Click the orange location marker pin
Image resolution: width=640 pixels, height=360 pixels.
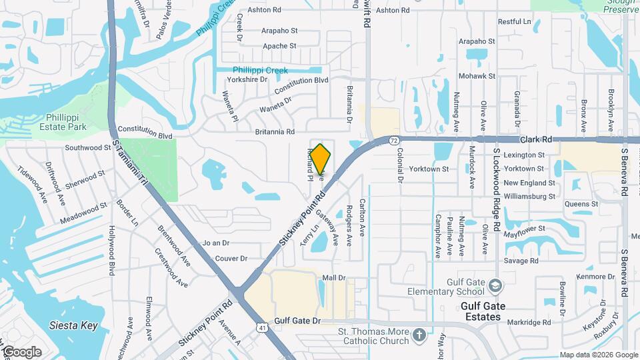coord(320,161)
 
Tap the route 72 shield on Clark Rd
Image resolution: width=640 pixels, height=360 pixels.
coord(395,141)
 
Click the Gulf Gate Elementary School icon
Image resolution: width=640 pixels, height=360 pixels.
coord(495,286)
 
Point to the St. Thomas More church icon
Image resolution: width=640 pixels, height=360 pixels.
coord(419,333)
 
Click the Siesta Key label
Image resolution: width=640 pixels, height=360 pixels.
coord(73,326)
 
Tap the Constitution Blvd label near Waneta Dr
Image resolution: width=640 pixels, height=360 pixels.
coord(301,85)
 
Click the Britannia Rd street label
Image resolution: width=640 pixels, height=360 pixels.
coord(275,132)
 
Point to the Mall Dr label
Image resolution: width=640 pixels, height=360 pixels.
coord(334,277)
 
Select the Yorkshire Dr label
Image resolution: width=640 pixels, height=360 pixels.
coord(247,79)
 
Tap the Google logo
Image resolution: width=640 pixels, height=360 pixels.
coord(21,352)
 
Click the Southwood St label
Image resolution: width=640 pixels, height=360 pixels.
coord(87,147)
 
